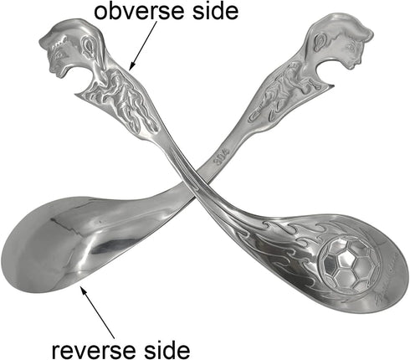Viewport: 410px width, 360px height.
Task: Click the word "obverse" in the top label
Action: [141, 11]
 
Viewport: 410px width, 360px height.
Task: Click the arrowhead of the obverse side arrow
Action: [132, 65]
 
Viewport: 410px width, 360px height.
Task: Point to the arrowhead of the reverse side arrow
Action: [83, 290]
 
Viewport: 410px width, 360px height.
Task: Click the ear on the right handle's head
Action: [320, 42]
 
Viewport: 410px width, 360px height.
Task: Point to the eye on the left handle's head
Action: [59, 54]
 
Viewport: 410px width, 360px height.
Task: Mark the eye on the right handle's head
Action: [348, 49]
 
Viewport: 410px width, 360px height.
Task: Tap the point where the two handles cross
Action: [190, 177]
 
